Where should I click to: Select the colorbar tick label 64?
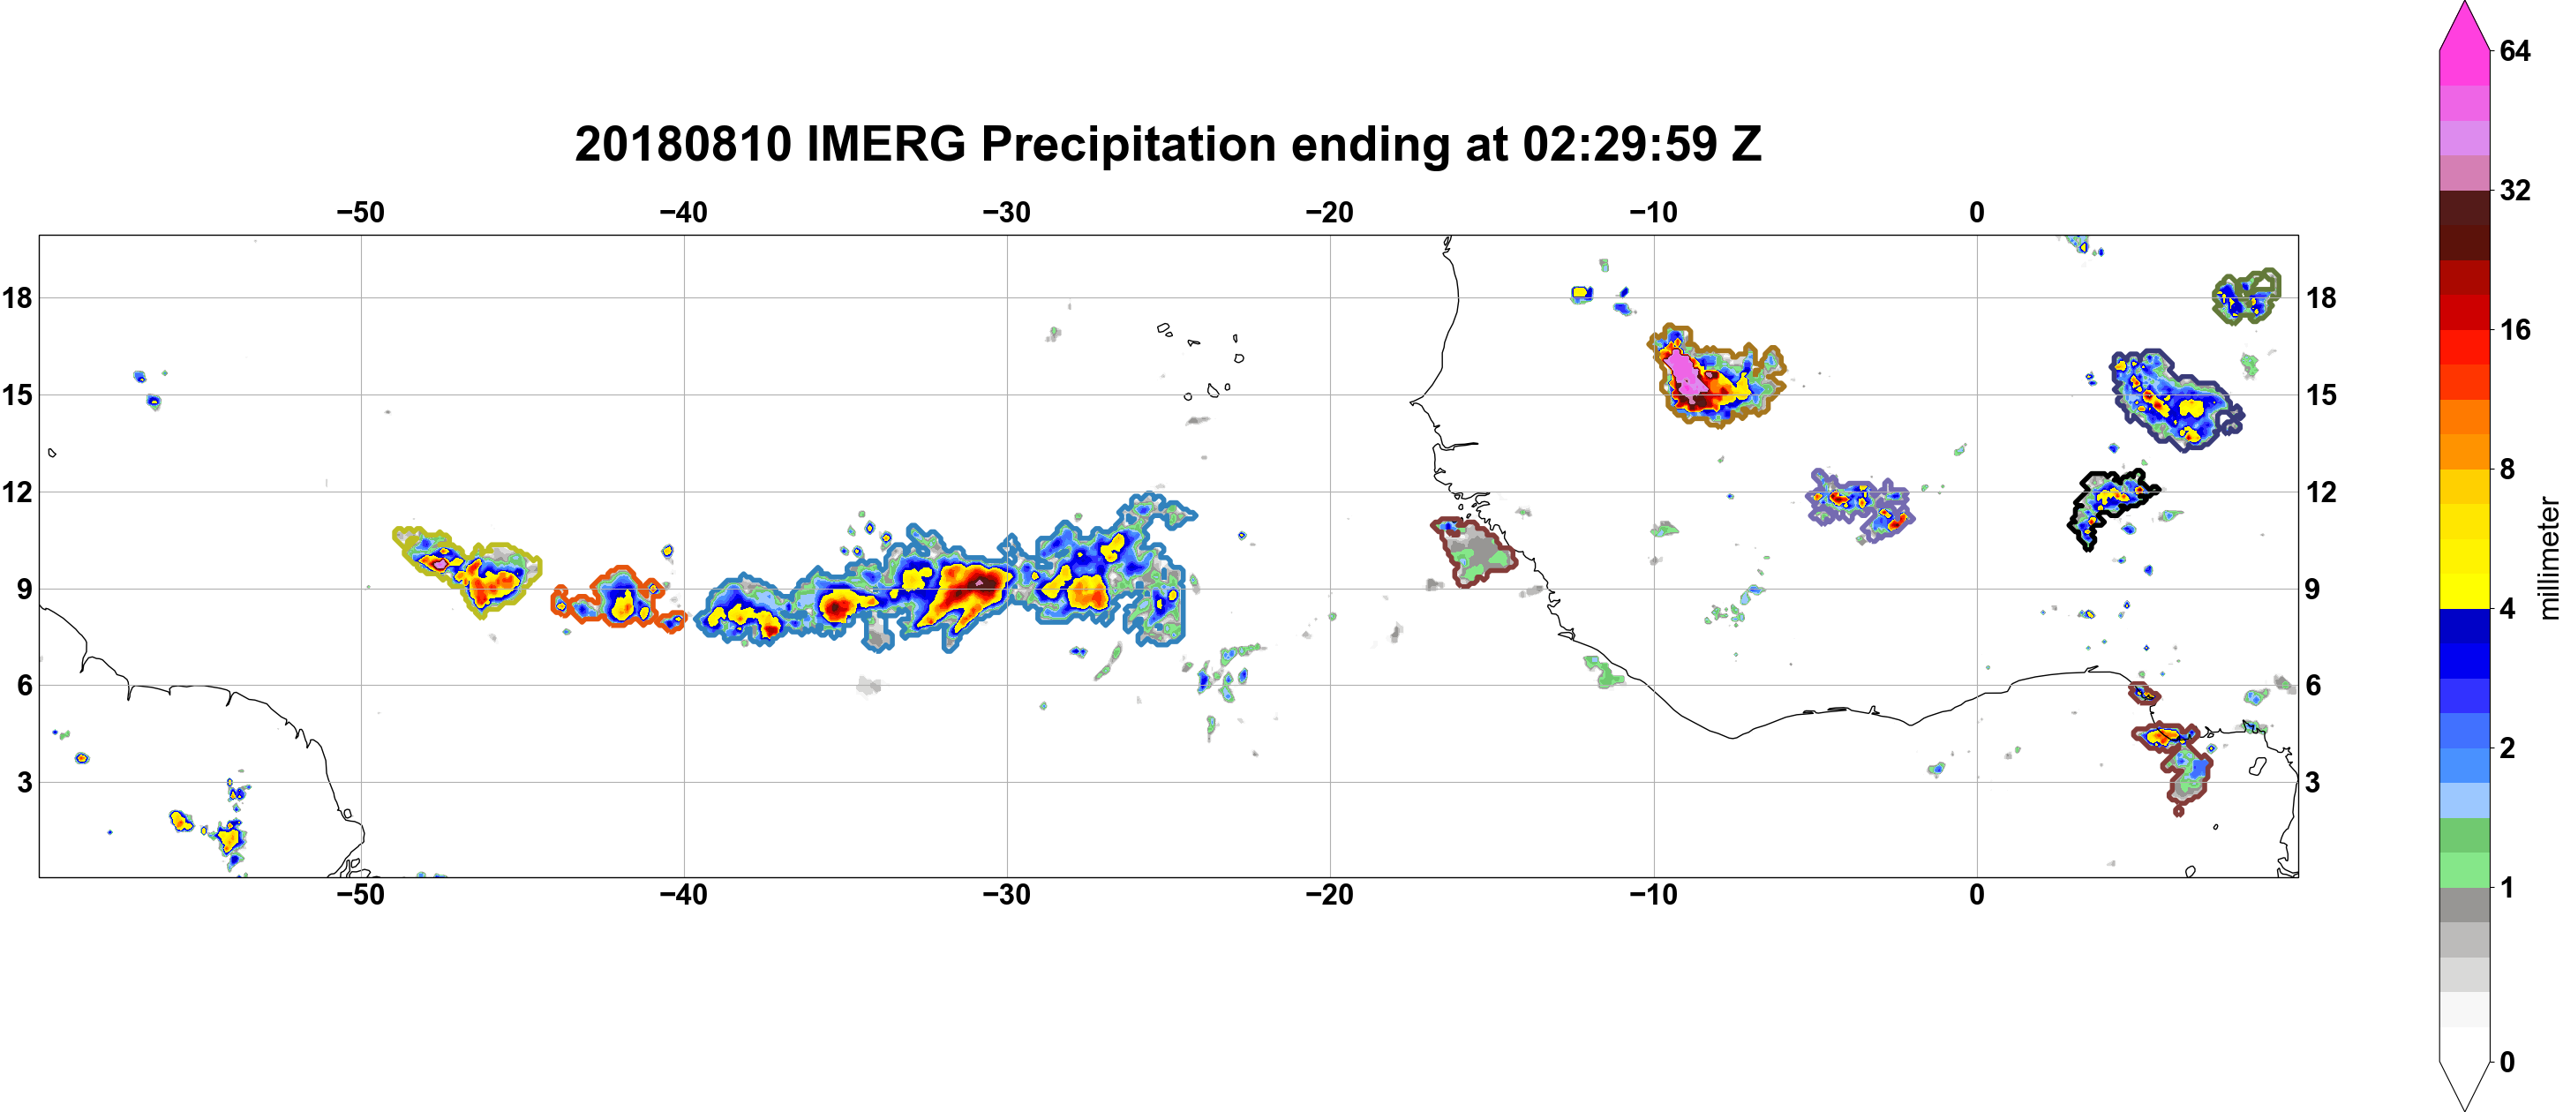(x=2514, y=50)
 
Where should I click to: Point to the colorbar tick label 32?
(x=2514, y=190)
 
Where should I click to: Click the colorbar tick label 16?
(x=2514, y=329)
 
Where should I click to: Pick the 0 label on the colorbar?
(x=2507, y=1063)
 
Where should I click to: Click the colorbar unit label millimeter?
(x=2548, y=558)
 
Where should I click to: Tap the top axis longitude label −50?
(x=360, y=213)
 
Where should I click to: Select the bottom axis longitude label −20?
(x=1330, y=895)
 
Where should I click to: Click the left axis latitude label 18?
(x=17, y=297)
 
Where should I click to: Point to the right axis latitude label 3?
(x=2313, y=783)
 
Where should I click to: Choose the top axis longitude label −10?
(x=1654, y=213)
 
